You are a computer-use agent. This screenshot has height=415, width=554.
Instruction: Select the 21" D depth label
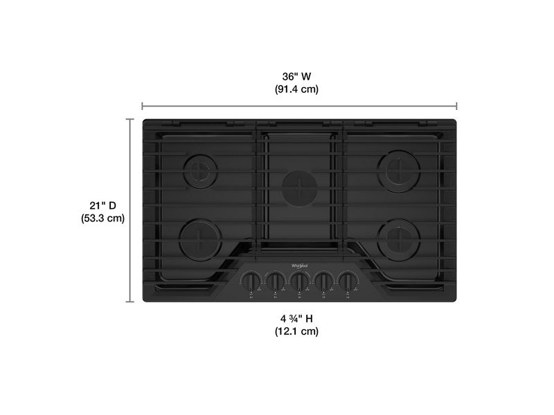pos(102,205)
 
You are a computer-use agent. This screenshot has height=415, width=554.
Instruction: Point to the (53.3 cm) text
pos(102,218)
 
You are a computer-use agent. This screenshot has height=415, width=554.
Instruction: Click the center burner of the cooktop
pos(298,185)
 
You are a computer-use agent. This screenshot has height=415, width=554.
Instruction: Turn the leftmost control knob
pos(250,282)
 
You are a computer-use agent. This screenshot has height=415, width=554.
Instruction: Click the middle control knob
pos(299,282)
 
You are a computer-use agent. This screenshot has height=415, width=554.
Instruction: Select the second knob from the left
pos(275,282)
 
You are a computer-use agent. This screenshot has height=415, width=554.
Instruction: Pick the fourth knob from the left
pos(323,282)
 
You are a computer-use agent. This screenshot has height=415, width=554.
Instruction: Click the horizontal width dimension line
pos(299,106)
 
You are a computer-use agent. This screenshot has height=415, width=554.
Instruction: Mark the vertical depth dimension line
pos(129,210)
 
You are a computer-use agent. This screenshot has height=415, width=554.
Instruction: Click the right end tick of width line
pos(456,106)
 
